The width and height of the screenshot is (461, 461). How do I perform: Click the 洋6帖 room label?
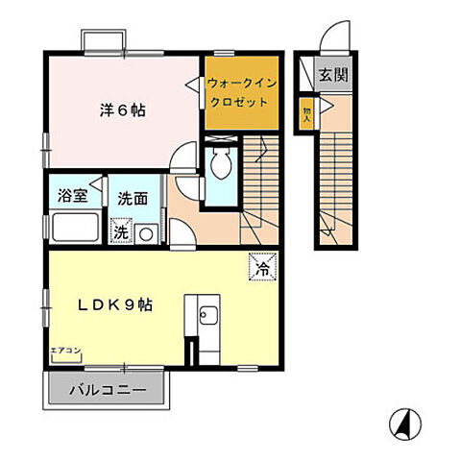click(x=121, y=109)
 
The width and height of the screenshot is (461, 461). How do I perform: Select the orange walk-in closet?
click(x=240, y=94)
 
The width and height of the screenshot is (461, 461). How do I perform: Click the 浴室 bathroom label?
click(x=72, y=197)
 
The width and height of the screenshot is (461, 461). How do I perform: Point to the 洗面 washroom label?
click(x=132, y=200)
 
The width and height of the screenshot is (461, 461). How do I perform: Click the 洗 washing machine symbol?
click(x=121, y=231)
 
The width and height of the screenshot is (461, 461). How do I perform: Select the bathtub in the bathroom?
click(x=73, y=230)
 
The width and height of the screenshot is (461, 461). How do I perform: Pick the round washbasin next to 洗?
click(x=147, y=232)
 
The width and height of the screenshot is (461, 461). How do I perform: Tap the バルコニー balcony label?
click(x=106, y=392)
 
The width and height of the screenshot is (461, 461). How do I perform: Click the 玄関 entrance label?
click(x=334, y=74)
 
